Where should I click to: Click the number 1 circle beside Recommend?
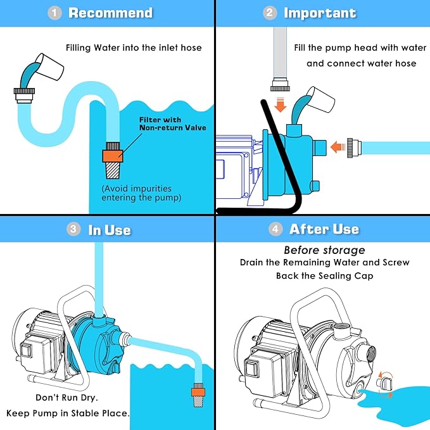coord(54,13)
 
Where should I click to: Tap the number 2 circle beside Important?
coord(270,13)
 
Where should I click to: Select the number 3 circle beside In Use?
coord(73,229)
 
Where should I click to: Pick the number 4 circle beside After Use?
coord(275,229)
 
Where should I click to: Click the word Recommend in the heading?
coord(111,13)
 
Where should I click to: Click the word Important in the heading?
coord(320,13)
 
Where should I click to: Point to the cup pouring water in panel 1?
coord(49,66)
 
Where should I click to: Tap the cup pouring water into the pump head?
coord(320,99)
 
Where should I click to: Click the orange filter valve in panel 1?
coord(113,156)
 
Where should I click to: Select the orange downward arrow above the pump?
coord(280,104)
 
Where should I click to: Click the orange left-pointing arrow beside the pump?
coord(338,148)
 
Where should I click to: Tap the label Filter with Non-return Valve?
coord(172,123)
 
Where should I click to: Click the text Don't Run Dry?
coord(67,398)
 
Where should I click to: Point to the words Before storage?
coord(324,250)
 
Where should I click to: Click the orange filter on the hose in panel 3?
coord(198,390)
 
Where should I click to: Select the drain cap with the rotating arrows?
coord(384,384)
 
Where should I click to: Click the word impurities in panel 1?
coord(152,189)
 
